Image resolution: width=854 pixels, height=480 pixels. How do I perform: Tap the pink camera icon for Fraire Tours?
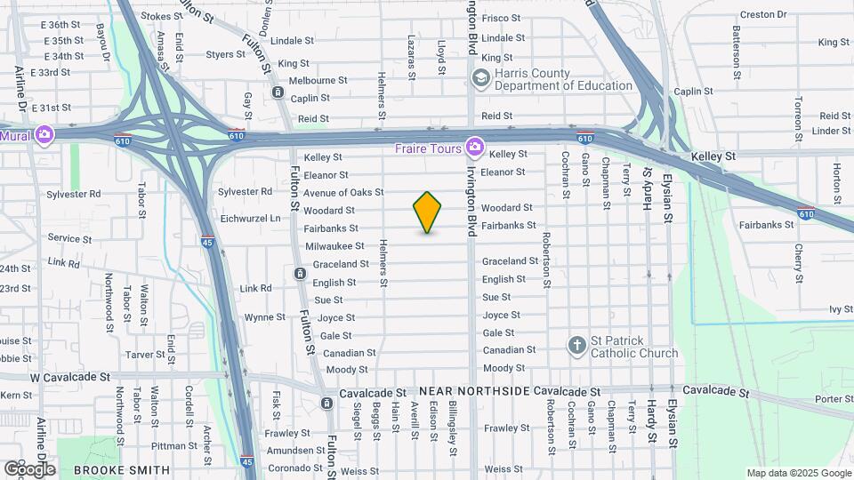[x=475, y=145]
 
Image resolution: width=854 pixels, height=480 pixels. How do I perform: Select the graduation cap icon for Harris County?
[x=481, y=79]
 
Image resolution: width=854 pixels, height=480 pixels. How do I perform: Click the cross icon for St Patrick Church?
[x=576, y=345]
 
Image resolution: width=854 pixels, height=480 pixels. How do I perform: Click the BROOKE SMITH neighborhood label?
[x=121, y=469]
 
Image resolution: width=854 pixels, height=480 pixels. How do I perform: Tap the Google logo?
[x=29, y=468]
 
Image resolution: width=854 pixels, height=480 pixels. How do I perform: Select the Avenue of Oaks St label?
[x=342, y=192]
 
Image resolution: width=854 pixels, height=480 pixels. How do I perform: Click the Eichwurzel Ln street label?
[x=250, y=218]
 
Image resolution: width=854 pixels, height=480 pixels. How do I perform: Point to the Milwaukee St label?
[x=334, y=246]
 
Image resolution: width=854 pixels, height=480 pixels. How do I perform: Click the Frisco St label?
[x=501, y=18]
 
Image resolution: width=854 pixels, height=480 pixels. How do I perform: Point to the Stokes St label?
[x=161, y=16]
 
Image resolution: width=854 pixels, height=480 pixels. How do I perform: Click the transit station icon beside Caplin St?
[x=278, y=92]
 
